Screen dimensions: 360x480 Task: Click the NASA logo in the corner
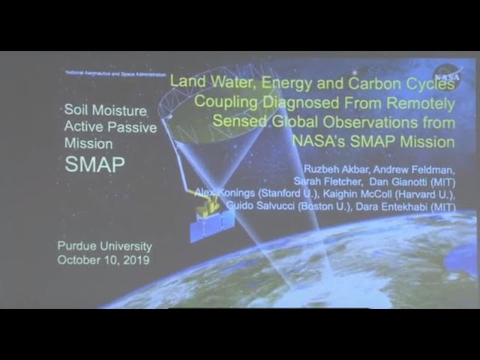coord(448,75)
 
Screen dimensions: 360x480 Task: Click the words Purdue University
coord(104,246)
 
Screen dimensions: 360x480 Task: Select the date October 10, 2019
coord(104,260)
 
